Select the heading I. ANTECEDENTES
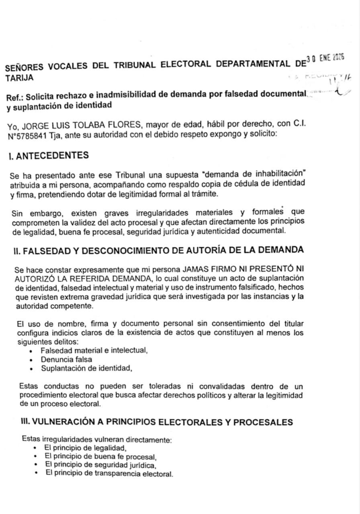click(x=49, y=156)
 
